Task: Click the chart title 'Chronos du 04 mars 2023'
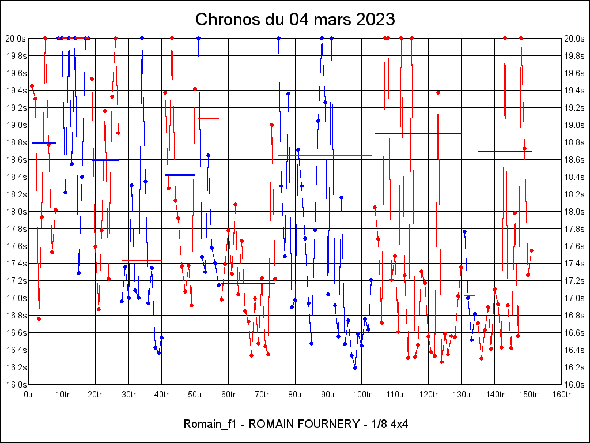pyautogui.click(x=295, y=20)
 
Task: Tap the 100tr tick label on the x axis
pyautogui.click(x=362, y=395)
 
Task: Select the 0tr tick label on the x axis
pyautogui.click(x=29, y=395)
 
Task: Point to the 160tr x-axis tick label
pyautogui.click(x=562, y=395)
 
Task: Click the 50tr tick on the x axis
pyautogui.click(x=195, y=395)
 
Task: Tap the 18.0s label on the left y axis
pyautogui.click(x=16, y=212)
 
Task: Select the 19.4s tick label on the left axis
pyautogui.click(x=16, y=91)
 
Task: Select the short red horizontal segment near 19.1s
pyautogui.click(x=209, y=118)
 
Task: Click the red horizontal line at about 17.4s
pyautogui.click(x=141, y=260)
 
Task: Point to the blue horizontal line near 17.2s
pyautogui.click(x=248, y=283)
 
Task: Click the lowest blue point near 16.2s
pyautogui.click(x=355, y=367)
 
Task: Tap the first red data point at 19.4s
pyautogui.click(x=32, y=86)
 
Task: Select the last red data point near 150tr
pyautogui.click(x=531, y=250)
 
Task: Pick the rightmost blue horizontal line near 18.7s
pyautogui.click(x=505, y=151)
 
